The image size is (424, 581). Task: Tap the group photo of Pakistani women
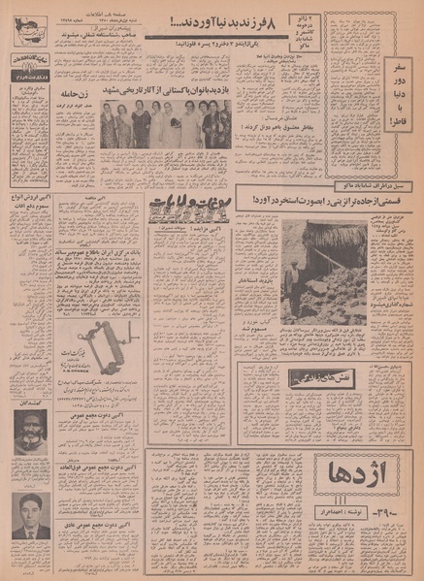tap(165, 124)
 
